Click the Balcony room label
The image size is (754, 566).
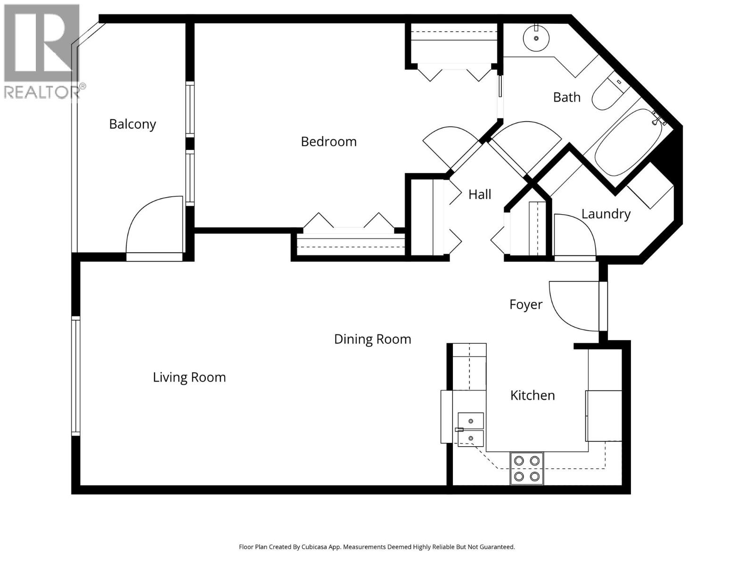[132, 124]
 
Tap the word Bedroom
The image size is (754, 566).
[328, 141]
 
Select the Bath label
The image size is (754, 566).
[566, 97]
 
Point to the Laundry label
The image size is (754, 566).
[606, 214]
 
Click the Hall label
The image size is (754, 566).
[480, 194]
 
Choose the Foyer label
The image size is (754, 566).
[525, 305]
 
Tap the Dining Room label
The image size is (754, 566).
[372, 339]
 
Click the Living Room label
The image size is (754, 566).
[189, 377]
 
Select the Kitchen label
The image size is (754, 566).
[532, 395]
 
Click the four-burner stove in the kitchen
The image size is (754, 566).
[526, 468]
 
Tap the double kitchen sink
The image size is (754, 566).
[470, 429]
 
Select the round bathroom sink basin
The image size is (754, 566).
[536, 38]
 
